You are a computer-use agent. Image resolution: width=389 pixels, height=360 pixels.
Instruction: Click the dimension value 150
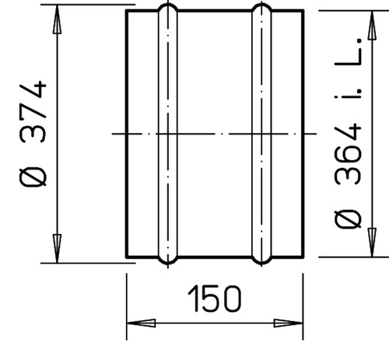pyautogui.click(x=214, y=299)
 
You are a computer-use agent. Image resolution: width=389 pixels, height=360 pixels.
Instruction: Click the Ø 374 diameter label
pyautogui.click(x=33, y=134)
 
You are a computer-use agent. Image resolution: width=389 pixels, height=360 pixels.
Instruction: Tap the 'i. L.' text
pyautogui.click(x=348, y=68)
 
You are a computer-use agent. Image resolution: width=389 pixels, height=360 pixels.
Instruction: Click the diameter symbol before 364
pyautogui.click(x=348, y=220)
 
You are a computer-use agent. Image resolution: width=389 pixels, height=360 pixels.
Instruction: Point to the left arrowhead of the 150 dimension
pyautogui.click(x=141, y=323)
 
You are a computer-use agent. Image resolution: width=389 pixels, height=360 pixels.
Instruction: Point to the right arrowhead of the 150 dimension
pyautogui.click(x=289, y=323)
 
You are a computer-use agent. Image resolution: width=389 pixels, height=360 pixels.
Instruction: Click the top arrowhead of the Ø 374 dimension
pyautogui.click(x=57, y=19)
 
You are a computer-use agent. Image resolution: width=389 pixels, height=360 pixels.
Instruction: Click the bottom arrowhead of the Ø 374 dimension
pyautogui.click(x=57, y=248)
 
